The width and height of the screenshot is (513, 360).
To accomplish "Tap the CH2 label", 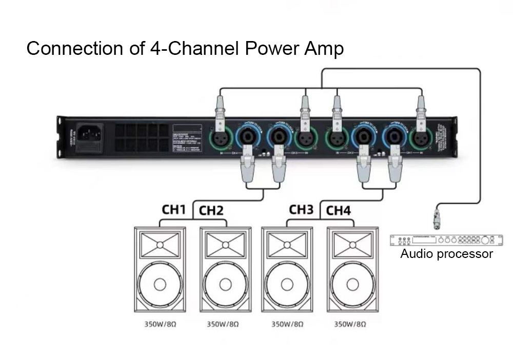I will (x=211, y=210).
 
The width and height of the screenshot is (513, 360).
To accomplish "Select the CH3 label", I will (x=301, y=209).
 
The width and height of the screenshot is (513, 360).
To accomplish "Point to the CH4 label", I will (x=338, y=210).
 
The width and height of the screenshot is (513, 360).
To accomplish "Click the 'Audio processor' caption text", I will (x=446, y=254).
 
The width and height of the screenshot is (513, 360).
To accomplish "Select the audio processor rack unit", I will (x=446, y=240).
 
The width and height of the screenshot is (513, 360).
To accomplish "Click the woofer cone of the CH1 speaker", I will (x=160, y=284).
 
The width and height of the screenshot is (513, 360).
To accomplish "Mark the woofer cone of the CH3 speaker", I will (x=287, y=284).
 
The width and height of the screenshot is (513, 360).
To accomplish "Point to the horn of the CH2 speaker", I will (x=225, y=245).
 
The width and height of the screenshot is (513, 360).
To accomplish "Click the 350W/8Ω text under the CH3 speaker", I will (x=287, y=324).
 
